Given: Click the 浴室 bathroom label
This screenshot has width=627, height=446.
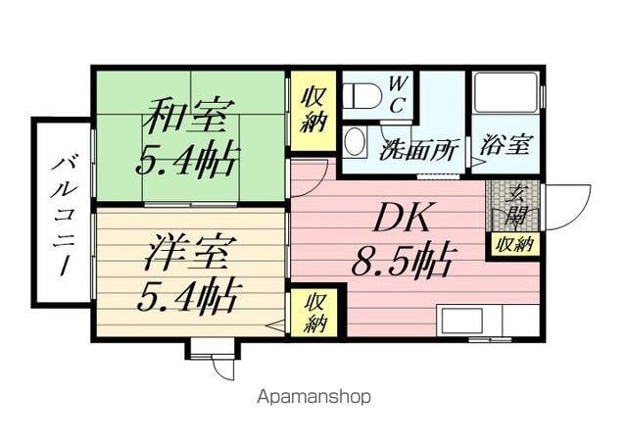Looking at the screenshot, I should (506, 145).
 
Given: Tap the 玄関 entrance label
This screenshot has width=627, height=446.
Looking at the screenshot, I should (514, 205).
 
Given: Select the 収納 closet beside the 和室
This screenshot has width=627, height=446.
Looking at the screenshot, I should (313, 110).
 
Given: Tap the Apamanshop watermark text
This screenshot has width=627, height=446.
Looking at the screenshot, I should (313, 397).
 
